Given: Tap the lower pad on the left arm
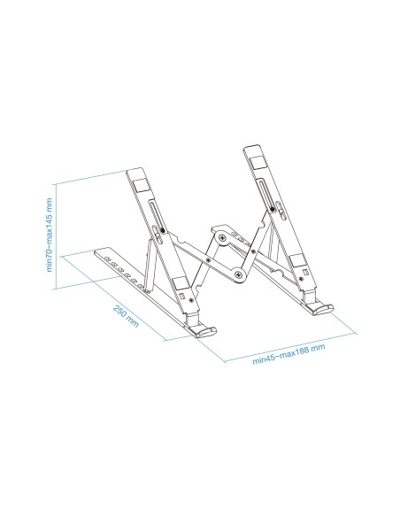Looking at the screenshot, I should (x=182, y=288).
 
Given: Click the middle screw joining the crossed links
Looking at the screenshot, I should (x=209, y=260).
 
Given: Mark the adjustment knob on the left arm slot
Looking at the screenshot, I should (x=158, y=234).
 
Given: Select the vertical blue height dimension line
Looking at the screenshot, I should (x=58, y=235).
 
